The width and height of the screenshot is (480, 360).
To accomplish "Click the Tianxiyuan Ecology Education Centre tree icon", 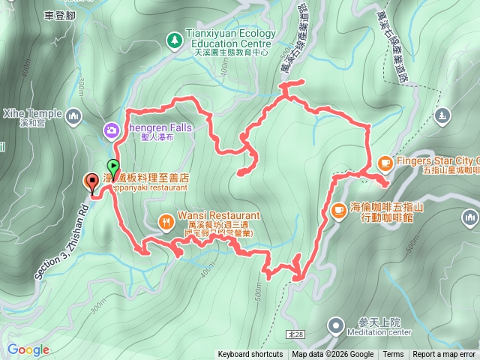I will pos(175,37).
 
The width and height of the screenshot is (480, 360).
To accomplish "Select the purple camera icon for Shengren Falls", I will pos(112,131).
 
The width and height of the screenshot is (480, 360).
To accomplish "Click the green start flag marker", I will pos(112,166).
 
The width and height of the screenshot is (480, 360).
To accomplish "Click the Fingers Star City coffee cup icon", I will pos(385,161).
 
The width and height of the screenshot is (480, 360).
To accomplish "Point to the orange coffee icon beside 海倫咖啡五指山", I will pos(338,211).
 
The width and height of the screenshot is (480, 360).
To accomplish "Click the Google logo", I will pos(28,349).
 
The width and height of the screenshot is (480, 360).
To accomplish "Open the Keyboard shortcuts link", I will pos(250,355).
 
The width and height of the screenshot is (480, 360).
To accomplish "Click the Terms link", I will pos(393,355).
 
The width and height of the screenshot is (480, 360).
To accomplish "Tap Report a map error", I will pos(444,355).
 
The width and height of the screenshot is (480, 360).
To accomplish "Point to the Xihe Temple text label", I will pos(31,113).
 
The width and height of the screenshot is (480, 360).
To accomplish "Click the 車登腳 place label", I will pos(60,14).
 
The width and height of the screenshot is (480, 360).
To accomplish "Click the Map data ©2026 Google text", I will pos(333,355).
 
